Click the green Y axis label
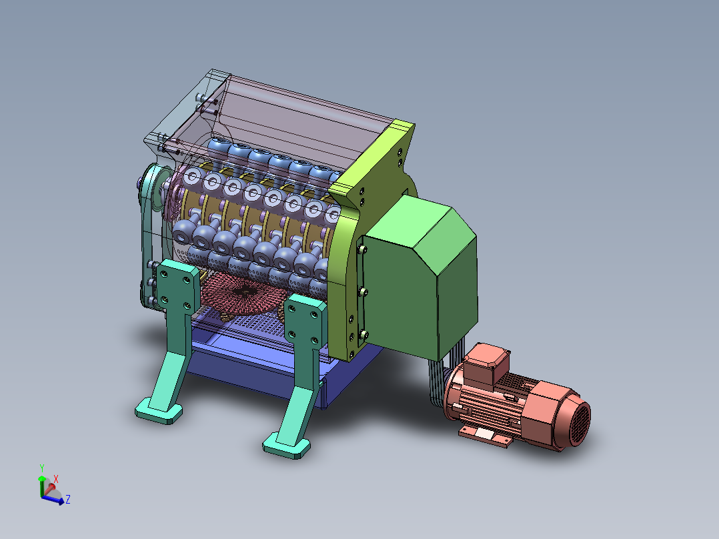42,468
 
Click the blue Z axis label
68,500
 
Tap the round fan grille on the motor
579,422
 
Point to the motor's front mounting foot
485,436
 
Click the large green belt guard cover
420,277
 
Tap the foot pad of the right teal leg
287,444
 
